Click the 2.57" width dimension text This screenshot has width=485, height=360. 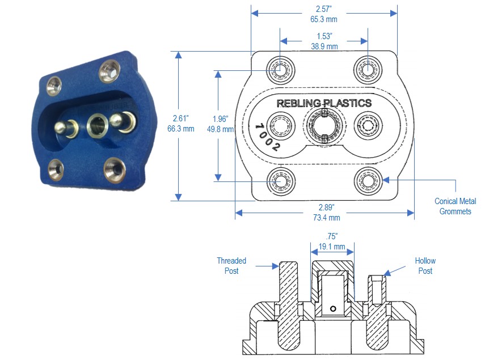tap(324, 9)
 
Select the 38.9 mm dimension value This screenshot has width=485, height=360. tap(324, 46)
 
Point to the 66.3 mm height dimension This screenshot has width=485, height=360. tap(180, 129)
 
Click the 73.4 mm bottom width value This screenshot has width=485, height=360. tap(325, 217)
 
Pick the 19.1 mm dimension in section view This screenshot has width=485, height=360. tap(332, 247)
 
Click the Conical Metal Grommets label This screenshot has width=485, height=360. tap(455, 206)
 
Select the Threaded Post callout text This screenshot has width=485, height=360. tap(231, 265)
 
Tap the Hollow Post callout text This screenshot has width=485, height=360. tap(425, 265)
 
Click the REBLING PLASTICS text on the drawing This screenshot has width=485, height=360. tap(324, 103)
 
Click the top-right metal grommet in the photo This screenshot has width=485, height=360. tap(109, 71)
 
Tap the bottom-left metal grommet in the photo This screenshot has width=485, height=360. tap(56, 168)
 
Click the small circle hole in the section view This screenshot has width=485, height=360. tap(333, 309)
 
